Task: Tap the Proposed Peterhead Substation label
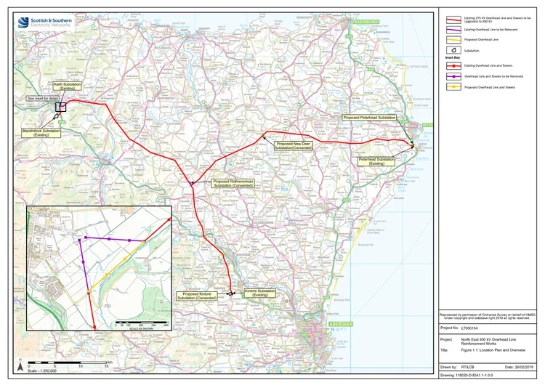pos(370,118)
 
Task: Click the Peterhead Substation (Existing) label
pos(376,161)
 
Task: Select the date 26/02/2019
pos(520,368)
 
